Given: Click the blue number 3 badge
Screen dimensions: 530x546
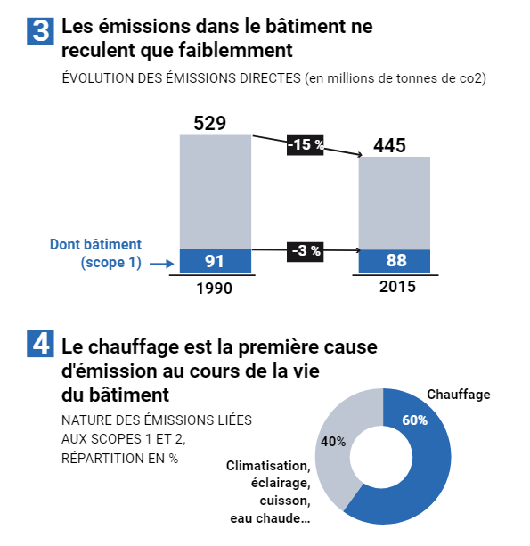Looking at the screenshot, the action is click(40, 31).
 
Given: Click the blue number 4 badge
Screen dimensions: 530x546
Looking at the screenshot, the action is click(40, 344).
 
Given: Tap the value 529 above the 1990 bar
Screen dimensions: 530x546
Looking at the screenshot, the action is click(209, 123).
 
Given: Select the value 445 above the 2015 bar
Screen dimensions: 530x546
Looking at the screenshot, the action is click(389, 145).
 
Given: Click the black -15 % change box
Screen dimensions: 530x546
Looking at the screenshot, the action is click(306, 145).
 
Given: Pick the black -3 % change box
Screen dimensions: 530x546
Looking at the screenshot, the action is click(306, 251).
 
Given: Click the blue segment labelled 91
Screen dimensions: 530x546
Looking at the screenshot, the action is click(216, 260).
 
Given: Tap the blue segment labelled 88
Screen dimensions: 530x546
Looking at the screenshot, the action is click(395, 261).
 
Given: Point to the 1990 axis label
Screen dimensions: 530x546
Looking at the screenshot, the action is click(214, 289).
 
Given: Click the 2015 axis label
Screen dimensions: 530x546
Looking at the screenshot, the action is click(397, 287).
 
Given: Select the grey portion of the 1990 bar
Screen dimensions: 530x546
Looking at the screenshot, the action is click(216, 192).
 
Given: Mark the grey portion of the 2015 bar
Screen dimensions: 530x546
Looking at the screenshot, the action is click(395, 203).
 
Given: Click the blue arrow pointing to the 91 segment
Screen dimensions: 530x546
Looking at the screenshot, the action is click(161, 264).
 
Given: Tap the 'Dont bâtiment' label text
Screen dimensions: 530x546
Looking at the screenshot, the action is click(96, 244).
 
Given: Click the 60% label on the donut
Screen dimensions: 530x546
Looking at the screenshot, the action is click(414, 420).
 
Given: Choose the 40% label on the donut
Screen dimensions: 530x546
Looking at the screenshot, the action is click(333, 442).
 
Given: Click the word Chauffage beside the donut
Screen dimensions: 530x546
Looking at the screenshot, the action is click(459, 395).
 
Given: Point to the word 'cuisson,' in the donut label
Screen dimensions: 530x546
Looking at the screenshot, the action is click(285, 501).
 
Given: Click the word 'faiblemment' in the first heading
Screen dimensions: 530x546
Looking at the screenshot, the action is click(236, 50).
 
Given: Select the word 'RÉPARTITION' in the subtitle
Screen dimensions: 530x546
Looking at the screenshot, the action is click(103, 459).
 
